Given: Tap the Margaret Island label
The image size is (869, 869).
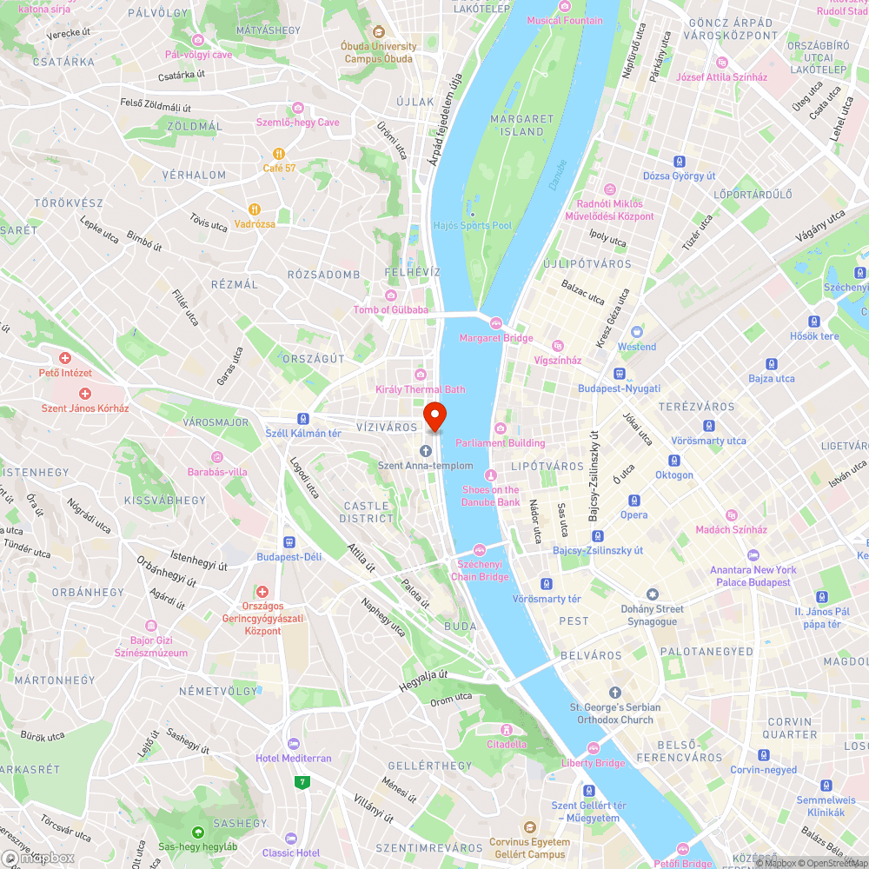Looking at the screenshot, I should [521, 125].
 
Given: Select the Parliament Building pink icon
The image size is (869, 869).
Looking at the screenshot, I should [500, 428].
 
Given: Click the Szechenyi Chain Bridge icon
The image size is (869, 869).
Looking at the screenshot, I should [480, 549].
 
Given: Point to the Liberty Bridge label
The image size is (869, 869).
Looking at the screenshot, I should [594, 763].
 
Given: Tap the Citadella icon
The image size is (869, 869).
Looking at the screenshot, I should [506, 730].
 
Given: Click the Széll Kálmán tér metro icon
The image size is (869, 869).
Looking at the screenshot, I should [302, 418].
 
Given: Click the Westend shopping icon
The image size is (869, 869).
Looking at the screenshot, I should [637, 332].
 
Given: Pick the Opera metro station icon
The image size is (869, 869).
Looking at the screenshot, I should [634, 500].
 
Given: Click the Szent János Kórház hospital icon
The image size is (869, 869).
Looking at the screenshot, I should [85, 394].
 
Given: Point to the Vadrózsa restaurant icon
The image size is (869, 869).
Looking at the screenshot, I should [255, 209].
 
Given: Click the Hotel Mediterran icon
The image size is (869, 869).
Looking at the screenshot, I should [293, 744].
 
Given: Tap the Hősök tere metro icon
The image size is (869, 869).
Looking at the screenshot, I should [814, 322].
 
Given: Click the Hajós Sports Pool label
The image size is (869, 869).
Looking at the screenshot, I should [473, 225].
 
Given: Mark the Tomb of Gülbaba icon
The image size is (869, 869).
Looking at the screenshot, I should [390, 295].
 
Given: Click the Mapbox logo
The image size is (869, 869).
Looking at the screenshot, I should [39, 858].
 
